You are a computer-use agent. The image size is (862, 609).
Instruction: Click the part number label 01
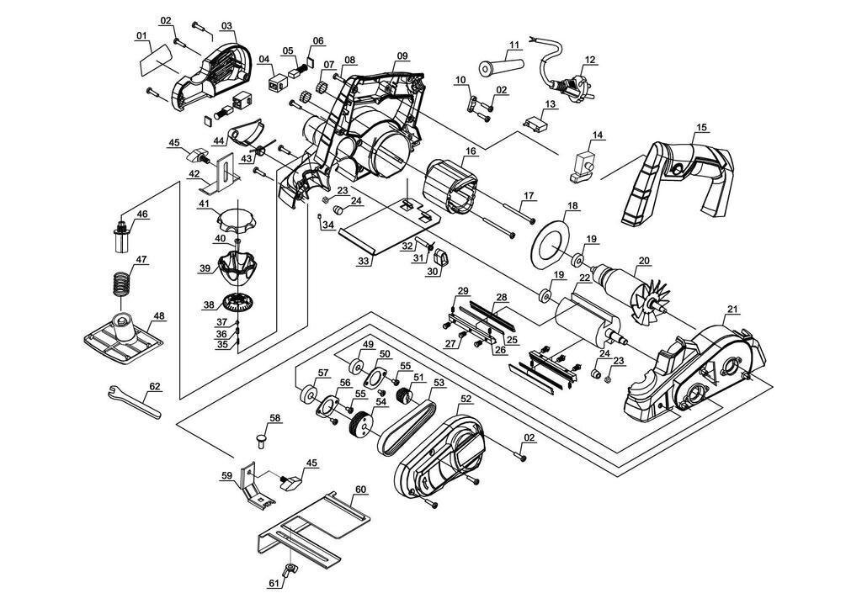[x=141, y=35]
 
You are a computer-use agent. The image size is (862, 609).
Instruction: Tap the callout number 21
[x=732, y=310]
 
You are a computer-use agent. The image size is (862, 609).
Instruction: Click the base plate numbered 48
[x=125, y=338]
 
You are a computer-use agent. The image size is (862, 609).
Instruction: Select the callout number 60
[x=360, y=489]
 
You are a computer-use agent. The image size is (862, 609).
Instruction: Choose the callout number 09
[x=402, y=56]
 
